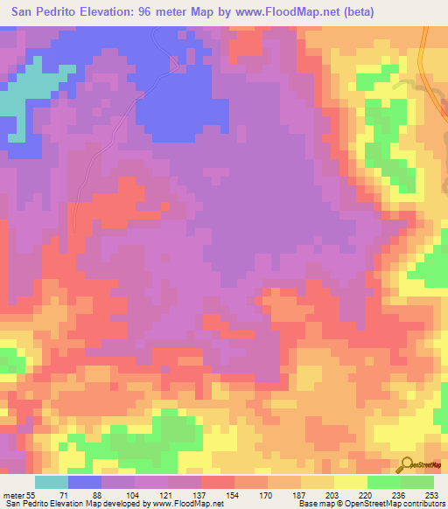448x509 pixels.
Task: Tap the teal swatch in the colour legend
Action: [x=52, y=482]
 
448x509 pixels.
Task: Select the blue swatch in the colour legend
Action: [x=85, y=482]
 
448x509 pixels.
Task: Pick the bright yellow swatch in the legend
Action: [x=351, y=482]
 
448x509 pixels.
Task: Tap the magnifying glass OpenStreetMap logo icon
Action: [x=406, y=464]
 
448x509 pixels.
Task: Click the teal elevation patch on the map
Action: [x=26, y=87]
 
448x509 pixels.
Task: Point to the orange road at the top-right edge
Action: [x=423, y=61]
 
